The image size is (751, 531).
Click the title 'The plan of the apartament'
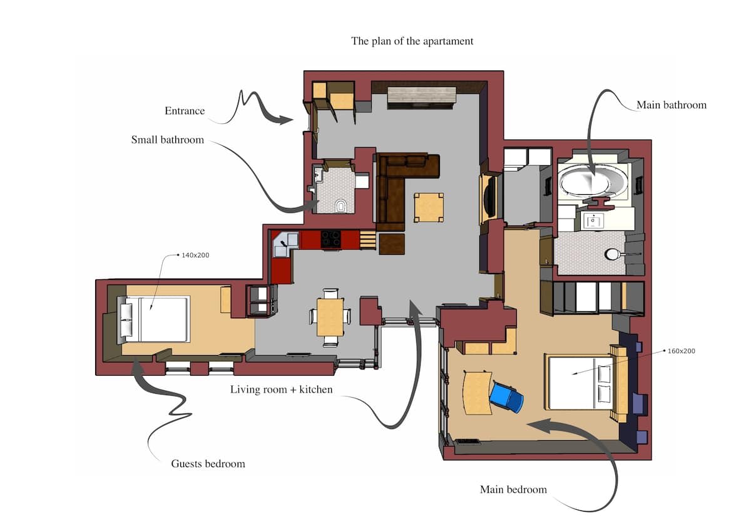click(412, 41)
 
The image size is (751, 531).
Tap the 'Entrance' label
click(185, 111)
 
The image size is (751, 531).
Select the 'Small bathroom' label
click(167, 140)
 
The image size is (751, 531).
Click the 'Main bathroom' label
click(671, 105)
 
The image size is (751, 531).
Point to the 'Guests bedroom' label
click(208, 464)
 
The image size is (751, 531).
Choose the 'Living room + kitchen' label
click(281, 389)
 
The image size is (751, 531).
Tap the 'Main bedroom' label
click(513, 490)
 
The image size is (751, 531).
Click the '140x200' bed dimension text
click(195, 255)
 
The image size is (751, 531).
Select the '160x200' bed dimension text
click(682, 351)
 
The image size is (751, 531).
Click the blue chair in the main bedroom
click(506, 396)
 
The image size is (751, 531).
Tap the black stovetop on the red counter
click(331, 239)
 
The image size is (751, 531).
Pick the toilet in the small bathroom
click(340, 206)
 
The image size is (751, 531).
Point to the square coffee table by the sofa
click(429, 207)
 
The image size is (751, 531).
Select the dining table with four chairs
click(330, 317)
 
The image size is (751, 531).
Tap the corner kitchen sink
click(285, 245)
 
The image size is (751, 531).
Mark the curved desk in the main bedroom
click(476, 393)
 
